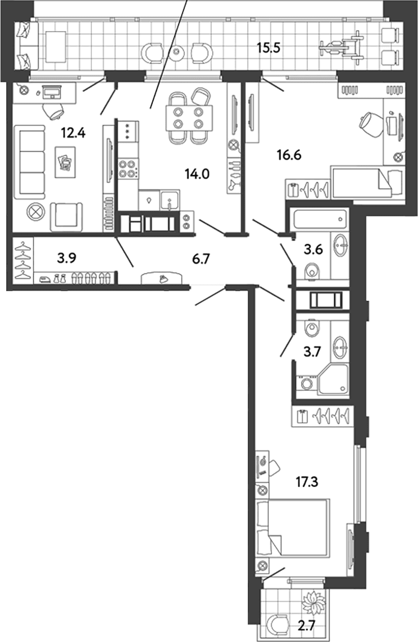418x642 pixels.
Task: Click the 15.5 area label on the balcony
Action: tap(268, 48)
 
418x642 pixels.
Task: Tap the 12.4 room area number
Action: tap(73, 133)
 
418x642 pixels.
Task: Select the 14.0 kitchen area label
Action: tap(197, 174)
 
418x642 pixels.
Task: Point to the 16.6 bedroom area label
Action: tap(289, 155)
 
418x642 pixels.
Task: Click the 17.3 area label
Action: tap(307, 482)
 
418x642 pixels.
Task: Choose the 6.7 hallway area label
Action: tap(201, 259)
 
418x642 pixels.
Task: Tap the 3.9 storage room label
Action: tap(66, 258)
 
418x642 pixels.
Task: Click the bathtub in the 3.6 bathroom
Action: tap(319, 219)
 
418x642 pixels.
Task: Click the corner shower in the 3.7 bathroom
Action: tap(333, 380)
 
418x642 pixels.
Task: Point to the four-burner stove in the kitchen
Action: tap(128, 169)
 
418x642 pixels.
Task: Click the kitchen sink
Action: tap(170, 200)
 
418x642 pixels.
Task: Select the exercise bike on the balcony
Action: tap(340, 45)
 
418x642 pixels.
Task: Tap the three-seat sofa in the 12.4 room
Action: tap(30, 162)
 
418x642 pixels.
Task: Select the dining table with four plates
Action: tap(189, 118)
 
